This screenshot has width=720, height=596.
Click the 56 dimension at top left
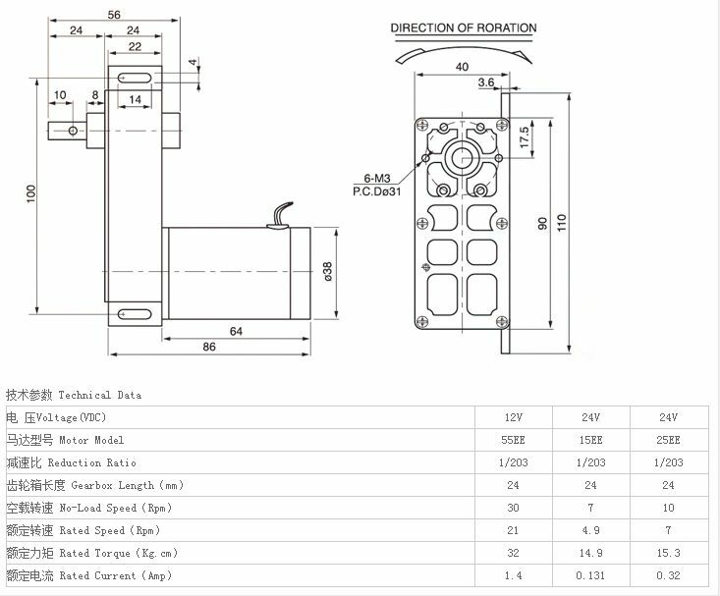point(114,15)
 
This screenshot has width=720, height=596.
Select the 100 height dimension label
point(30,193)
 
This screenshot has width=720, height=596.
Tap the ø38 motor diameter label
point(327,271)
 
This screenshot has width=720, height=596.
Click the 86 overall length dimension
point(209,347)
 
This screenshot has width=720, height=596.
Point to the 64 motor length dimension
point(236,331)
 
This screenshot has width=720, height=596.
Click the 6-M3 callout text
point(377,178)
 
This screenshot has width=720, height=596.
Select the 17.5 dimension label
point(525,137)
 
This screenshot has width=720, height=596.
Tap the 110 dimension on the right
point(562,222)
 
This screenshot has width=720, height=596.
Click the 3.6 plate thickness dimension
point(486,82)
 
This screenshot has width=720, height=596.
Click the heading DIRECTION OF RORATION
point(464,28)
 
